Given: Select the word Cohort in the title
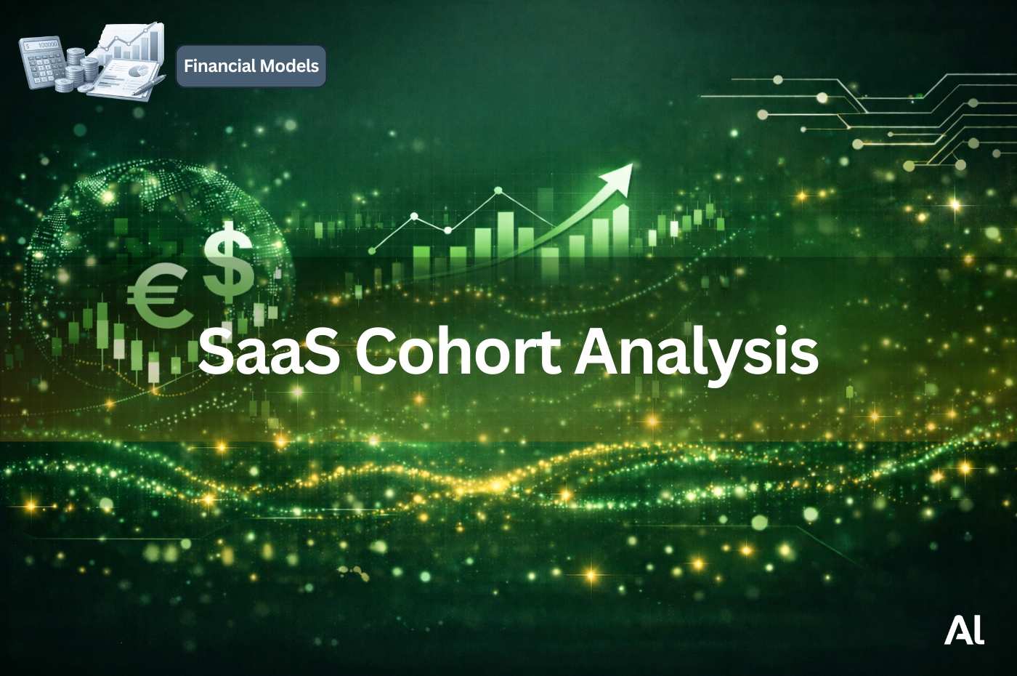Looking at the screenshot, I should click(x=458, y=351).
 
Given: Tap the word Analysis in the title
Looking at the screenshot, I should click(x=696, y=353).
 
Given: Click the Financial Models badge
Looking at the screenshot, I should click(x=251, y=66).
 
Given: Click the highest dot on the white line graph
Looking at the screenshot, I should click(x=498, y=190).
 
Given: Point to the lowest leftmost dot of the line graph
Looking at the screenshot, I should click(x=373, y=251).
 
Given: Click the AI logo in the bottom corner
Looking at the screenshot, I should click(x=964, y=631).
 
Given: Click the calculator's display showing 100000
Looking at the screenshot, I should click(x=42, y=45).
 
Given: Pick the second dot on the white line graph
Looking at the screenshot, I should click(x=414, y=216).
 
